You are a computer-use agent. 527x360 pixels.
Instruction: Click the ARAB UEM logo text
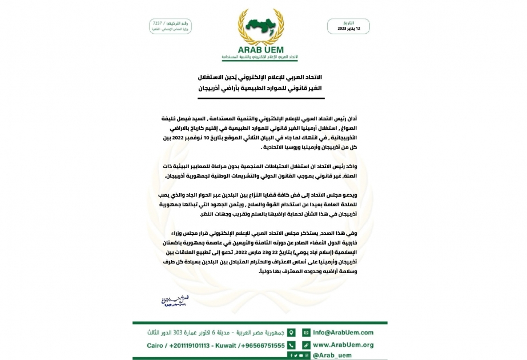(263, 50)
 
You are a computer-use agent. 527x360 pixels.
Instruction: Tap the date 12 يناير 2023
(349, 28)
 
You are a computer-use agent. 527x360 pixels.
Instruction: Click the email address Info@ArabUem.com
(343, 332)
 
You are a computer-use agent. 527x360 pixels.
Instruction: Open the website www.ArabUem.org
(343, 345)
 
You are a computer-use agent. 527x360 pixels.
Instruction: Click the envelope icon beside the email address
(306, 332)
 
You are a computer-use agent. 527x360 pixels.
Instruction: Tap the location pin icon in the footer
(291, 332)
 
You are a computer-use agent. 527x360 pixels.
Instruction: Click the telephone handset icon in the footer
(291, 345)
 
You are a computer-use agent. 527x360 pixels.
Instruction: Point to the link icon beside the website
(306, 345)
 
